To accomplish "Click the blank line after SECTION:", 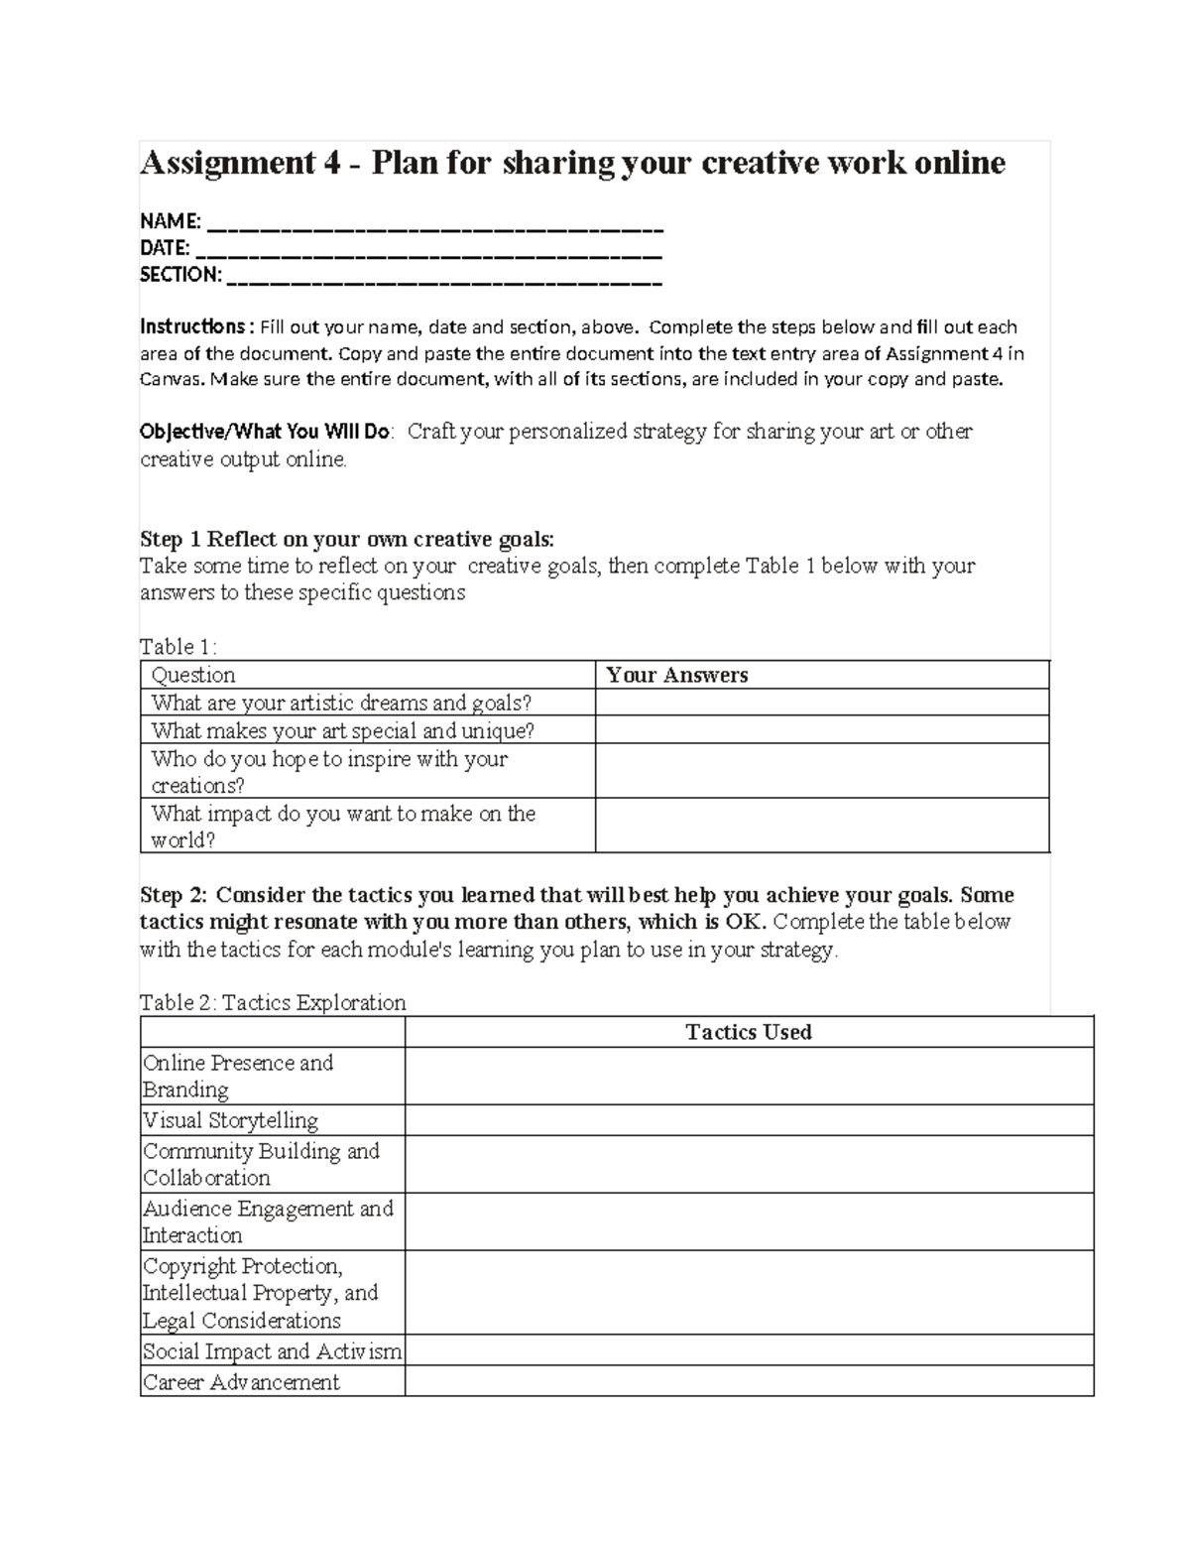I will pos(444,276).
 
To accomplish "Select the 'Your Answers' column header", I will pos(677,675).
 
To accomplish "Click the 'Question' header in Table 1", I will pos(193,675).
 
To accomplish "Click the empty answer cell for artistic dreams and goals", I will pos(821,703).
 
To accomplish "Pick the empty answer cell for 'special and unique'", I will pos(821,730).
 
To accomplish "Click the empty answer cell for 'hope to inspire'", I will pos(821,771).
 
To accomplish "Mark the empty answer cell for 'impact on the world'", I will pos(821,826).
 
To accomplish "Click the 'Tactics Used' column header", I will pos(749,1032).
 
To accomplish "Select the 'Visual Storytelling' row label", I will pos(230,1120).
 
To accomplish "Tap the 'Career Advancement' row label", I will pos(241,1382).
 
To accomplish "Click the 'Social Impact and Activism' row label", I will pos(272,1351).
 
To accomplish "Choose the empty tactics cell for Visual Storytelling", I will pos(749,1120).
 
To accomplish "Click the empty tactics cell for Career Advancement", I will pos(749,1382).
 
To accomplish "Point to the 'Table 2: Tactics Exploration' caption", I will pos(273,1002).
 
